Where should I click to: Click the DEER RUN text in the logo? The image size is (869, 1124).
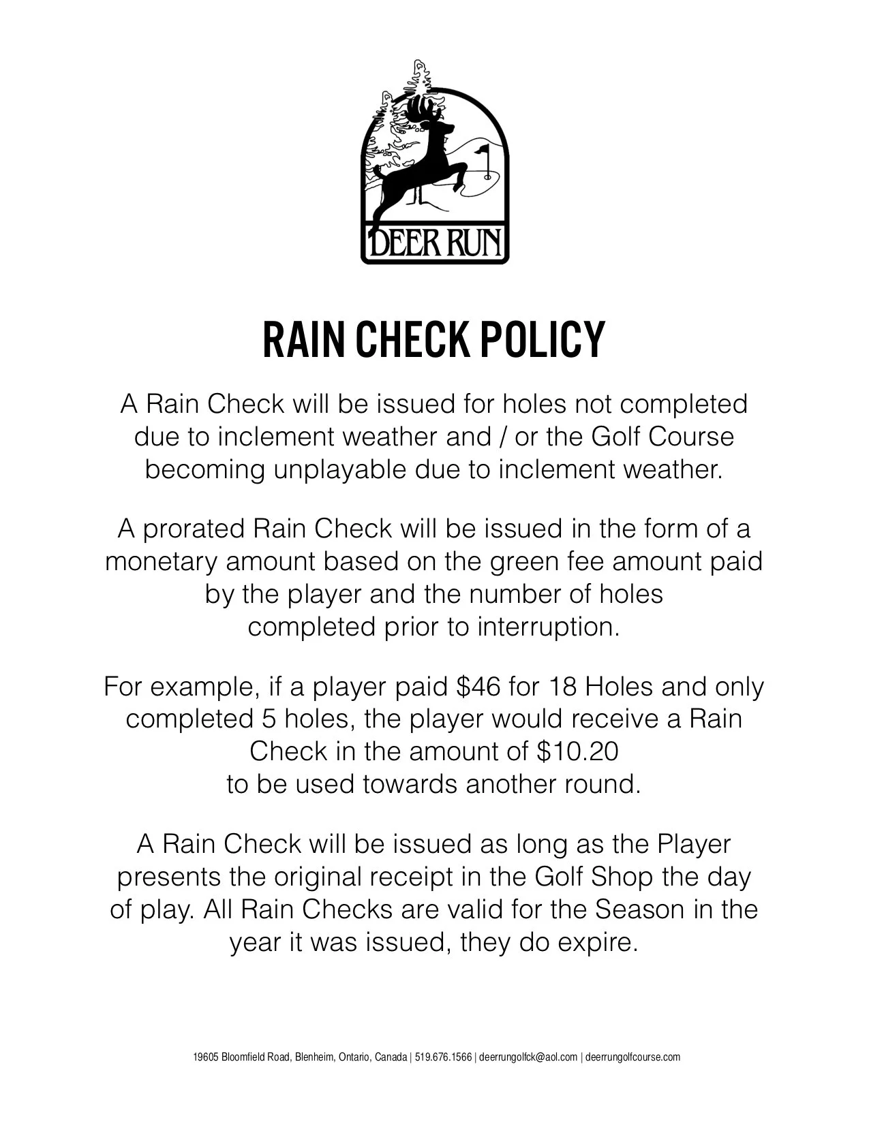click(x=435, y=242)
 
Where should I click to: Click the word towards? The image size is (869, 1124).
click(x=410, y=783)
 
